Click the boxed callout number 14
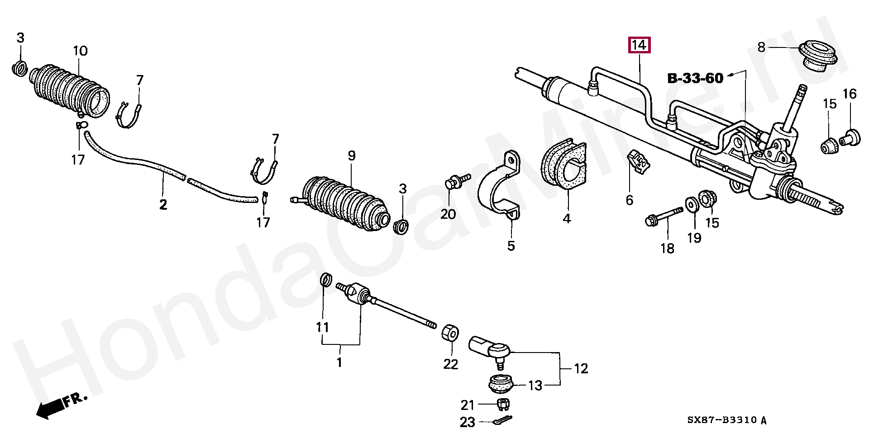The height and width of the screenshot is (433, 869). pyautogui.click(x=638, y=46)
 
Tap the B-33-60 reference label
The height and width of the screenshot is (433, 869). pyautogui.click(x=695, y=78)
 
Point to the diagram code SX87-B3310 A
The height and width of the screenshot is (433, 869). pyautogui.click(x=727, y=420)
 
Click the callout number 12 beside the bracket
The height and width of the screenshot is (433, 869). pyautogui.click(x=581, y=369)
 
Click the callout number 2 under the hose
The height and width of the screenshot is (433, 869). pyautogui.click(x=163, y=205)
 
